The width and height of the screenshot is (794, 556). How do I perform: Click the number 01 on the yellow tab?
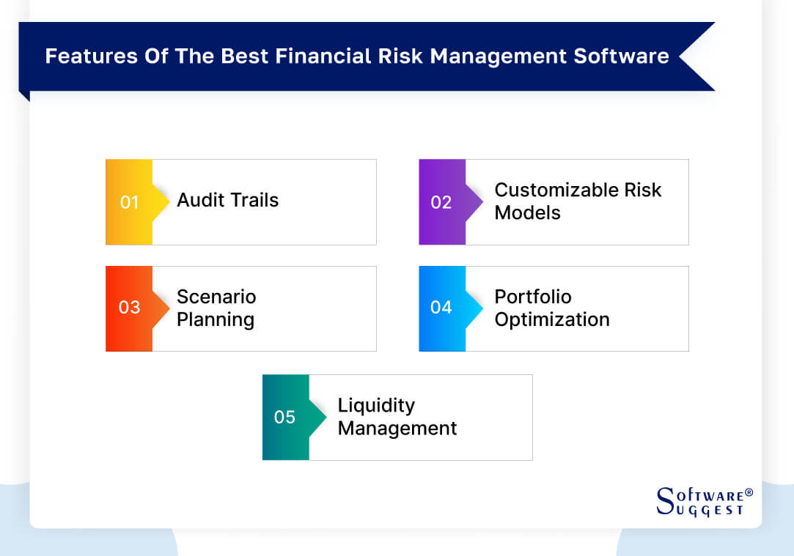pyautogui.click(x=129, y=202)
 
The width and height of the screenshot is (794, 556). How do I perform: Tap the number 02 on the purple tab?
pyautogui.click(x=441, y=202)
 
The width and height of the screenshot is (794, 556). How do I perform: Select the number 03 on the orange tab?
pyautogui.click(x=129, y=308)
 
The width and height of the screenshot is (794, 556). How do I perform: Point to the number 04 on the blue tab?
pyautogui.click(x=441, y=308)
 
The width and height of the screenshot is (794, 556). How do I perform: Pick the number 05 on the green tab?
pyautogui.click(x=284, y=417)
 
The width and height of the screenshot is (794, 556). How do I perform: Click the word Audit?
pyautogui.click(x=199, y=201)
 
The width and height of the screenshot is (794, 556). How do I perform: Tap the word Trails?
pyautogui.click(x=254, y=201)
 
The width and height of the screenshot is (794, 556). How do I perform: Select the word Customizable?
pyautogui.click(x=556, y=190)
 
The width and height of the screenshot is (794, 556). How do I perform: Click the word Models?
pyautogui.click(x=527, y=213)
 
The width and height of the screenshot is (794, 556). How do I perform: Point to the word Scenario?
pyautogui.click(x=216, y=297)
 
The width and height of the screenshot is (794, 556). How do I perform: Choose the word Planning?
pyautogui.click(x=216, y=320)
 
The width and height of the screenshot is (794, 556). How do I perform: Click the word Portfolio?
pyautogui.click(x=533, y=297)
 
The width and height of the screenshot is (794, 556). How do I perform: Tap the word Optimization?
pyautogui.click(x=552, y=320)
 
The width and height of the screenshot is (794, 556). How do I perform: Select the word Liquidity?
pyautogui.click(x=376, y=405)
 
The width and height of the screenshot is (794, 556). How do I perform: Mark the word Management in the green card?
pyautogui.click(x=397, y=429)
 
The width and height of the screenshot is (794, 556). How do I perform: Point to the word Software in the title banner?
pyautogui.click(x=628, y=56)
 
